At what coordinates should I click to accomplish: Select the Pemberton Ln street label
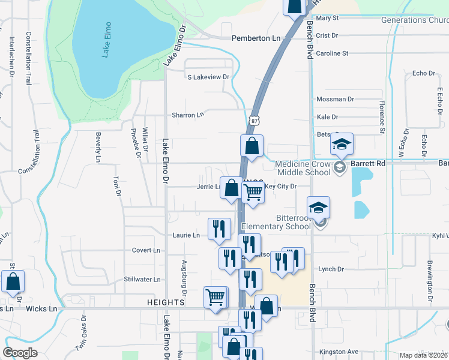pyautogui.click(x=256, y=38)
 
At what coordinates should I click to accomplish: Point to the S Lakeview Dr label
pyautogui.click(x=208, y=77)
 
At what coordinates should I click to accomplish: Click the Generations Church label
pyautogui.click(x=415, y=20)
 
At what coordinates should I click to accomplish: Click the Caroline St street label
pyautogui.click(x=332, y=53)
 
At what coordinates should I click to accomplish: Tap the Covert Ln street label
pyautogui.click(x=146, y=250)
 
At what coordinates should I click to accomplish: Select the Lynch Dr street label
pyautogui.click(x=330, y=269)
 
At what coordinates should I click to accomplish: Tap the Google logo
pyautogui.click(x=20, y=352)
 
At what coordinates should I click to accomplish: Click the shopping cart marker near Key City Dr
pyautogui.click(x=253, y=192)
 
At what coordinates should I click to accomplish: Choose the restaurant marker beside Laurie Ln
pyautogui.click(x=218, y=228)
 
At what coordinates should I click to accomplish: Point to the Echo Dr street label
pyautogui.click(x=423, y=73)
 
